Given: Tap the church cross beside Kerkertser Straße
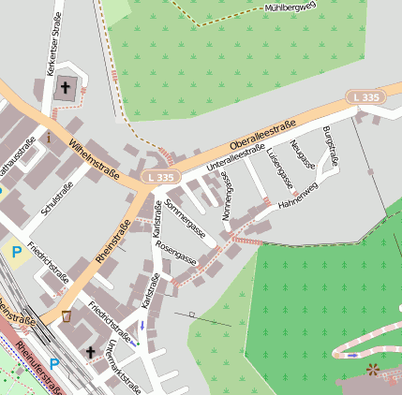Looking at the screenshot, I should [x=66, y=88].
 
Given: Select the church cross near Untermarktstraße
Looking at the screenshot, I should [x=91, y=353].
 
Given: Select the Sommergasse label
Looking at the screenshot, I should [x=185, y=217].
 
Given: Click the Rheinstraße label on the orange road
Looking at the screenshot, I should [x=113, y=241].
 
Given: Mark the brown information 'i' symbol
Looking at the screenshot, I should [x=47, y=137].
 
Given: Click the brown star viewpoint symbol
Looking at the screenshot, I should [x=374, y=369].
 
